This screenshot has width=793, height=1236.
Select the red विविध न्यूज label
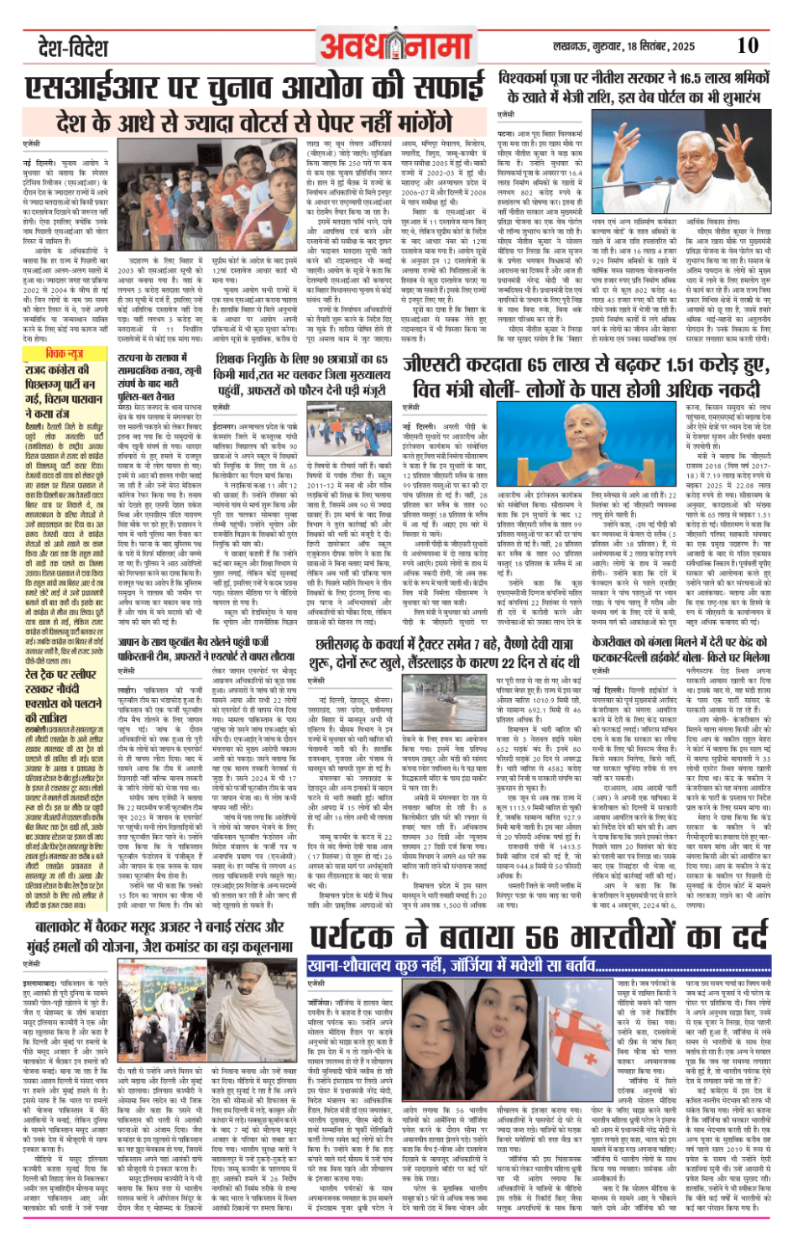click(x=65, y=354)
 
